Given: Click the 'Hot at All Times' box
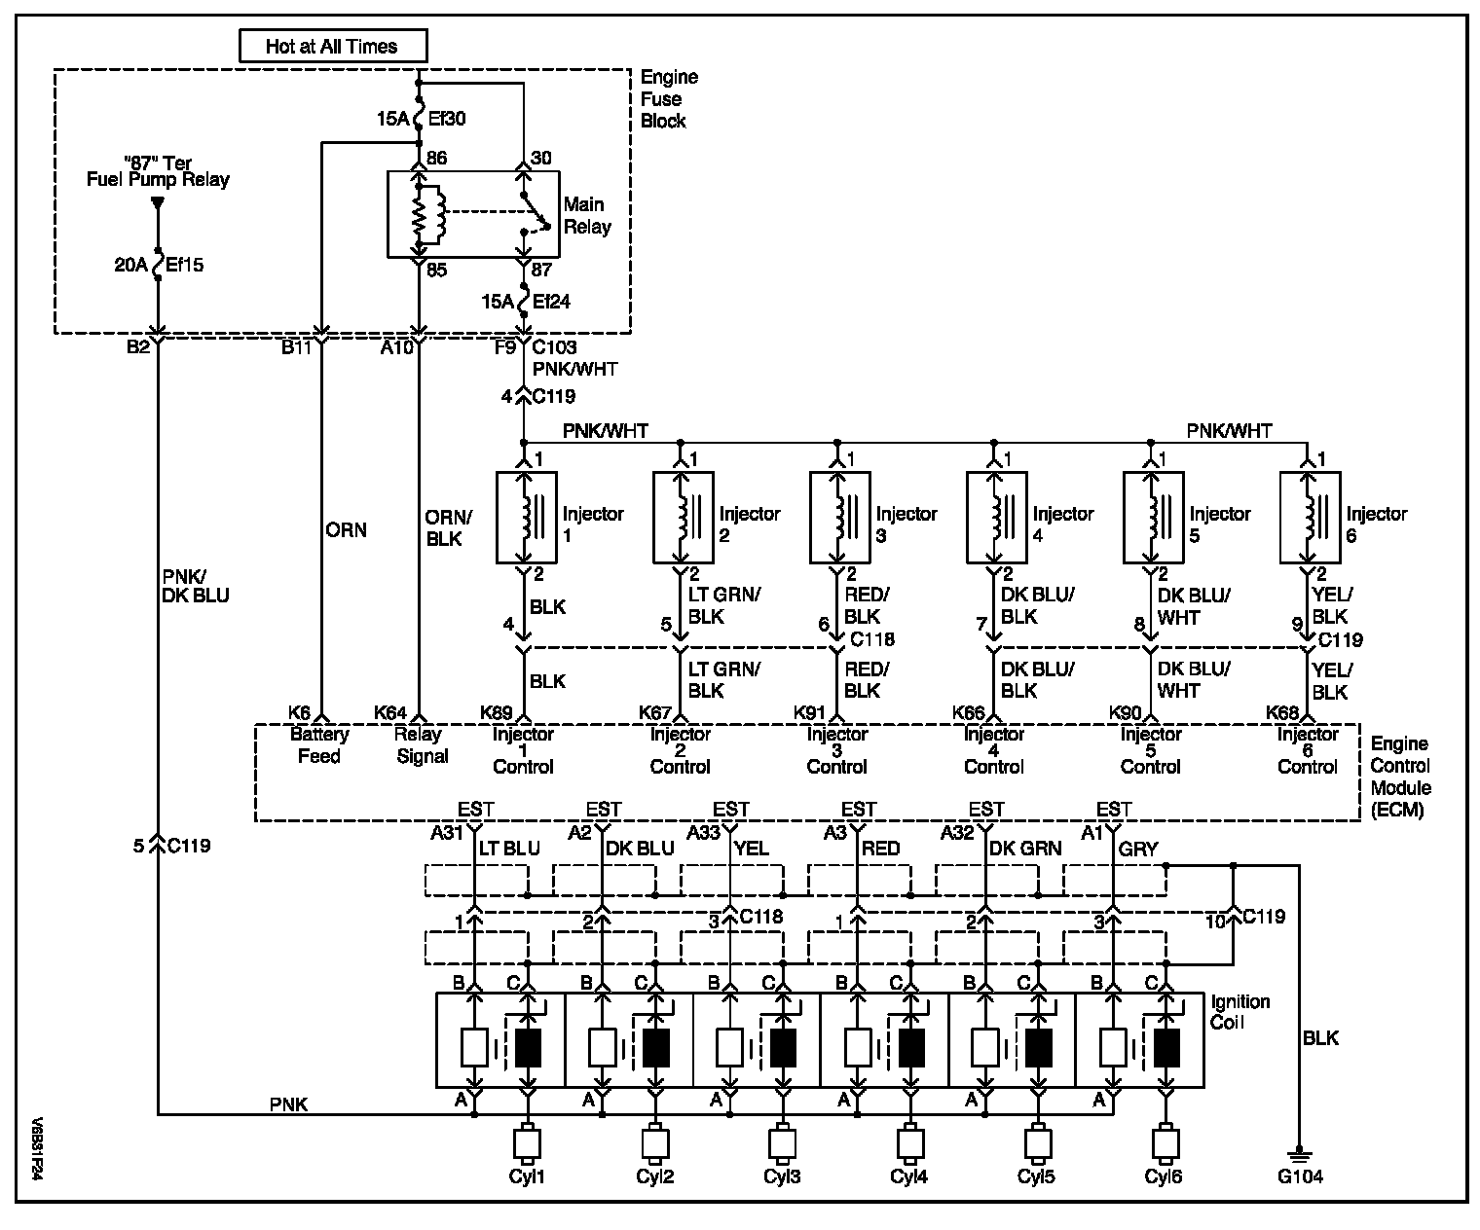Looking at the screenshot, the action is [x=333, y=46].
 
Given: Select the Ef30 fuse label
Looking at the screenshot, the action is [x=447, y=119].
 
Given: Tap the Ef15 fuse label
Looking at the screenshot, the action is [x=184, y=265].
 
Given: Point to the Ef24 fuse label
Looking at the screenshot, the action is [x=551, y=302].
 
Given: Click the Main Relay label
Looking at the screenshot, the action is [x=587, y=216].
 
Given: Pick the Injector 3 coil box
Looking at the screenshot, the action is [x=840, y=518].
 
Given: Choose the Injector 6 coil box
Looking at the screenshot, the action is [x=1310, y=518].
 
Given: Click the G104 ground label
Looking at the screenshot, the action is [x=1300, y=1176].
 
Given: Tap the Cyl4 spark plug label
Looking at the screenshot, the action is [x=908, y=1176].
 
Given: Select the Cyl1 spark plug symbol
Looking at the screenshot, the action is [x=527, y=1143].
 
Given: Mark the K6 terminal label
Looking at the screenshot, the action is [x=299, y=712].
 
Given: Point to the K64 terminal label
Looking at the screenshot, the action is [x=390, y=712].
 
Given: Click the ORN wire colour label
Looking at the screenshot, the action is [x=346, y=530].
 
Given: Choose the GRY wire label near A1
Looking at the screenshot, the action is [x=1137, y=849].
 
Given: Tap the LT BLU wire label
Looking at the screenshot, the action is [x=509, y=849].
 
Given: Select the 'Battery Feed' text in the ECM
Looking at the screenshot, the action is [x=319, y=745].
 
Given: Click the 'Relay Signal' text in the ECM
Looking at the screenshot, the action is [x=422, y=745].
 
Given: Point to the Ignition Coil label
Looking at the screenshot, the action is [x=1239, y=1012].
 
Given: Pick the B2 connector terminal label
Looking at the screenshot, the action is [x=138, y=347].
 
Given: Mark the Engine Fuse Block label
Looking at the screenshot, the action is [x=669, y=98].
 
